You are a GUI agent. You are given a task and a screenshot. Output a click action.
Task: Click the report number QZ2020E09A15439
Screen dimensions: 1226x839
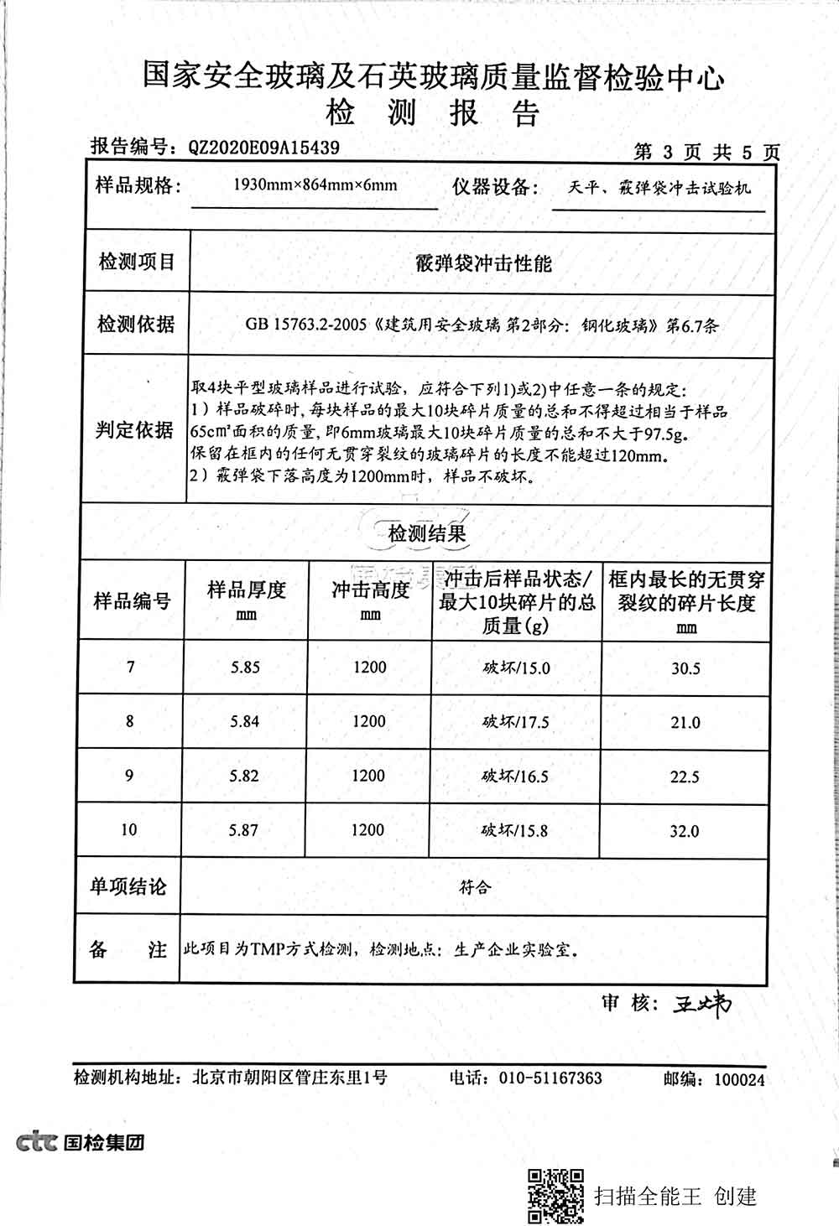pyautogui.click(x=263, y=148)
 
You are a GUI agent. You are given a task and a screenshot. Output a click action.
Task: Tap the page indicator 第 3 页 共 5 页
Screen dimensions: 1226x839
pyautogui.click(x=706, y=152)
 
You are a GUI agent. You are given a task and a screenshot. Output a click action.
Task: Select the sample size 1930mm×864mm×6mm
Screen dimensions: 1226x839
pyautogui.click(x=315, y=184)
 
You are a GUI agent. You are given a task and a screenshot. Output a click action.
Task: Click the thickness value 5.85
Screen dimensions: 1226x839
pyautogui.click(x=245, y=668)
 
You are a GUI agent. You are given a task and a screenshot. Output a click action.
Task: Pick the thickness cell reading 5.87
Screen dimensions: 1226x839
pyautogui.click(x=244, y=830)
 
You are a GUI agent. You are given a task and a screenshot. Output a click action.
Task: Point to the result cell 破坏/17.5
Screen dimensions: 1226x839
pyautogui.click(x=515, y=722)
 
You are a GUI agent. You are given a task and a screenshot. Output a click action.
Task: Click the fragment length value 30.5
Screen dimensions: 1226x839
pyautogui.click(x=685, y=668)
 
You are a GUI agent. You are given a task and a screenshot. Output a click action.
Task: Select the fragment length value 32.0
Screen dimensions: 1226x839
pyautogui.click(x=685, y=831)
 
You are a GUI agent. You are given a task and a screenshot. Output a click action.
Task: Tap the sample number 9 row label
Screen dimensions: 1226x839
pyautogui.click(x=129, y=776)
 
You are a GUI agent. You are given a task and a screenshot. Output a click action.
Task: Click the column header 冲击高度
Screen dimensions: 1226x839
pyautogui.click(x=370, y=591)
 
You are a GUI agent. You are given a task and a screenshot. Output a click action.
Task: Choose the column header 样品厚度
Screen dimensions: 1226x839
pyautogui.click(x=247, y=591)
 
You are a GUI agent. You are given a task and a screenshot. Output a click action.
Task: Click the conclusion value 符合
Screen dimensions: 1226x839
pyautogui.click(x=475, y=886)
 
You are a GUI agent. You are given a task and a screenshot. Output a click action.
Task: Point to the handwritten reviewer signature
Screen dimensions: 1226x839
pyautogui.click(x=701, y=1004)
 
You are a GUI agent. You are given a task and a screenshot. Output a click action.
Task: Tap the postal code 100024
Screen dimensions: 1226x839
pyautogui.click(x=739, y=1079)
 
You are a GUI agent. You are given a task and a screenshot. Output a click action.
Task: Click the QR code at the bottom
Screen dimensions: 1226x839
pyautogui.click(x=555, y=1195)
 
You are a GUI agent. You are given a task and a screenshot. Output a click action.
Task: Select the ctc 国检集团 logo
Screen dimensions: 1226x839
pyautogui.click(x=81, y=1142)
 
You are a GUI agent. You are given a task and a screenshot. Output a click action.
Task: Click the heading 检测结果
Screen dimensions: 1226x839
pyautogui.click(x=426, y=532)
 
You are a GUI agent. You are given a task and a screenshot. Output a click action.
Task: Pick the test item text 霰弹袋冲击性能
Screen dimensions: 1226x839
pyautogui.click(x=484, y=263)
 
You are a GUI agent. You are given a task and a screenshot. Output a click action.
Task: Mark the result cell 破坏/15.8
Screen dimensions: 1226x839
pyautogui.click(x=514, y=830)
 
